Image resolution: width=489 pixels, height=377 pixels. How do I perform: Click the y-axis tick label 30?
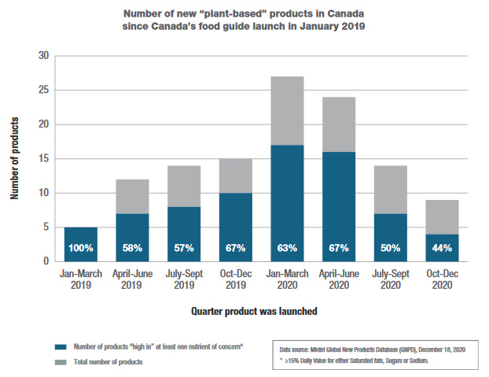tap(43, 56)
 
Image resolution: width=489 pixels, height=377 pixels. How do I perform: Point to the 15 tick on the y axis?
tap(43, 158)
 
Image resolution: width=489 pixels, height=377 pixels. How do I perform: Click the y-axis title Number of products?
tap(14, 158)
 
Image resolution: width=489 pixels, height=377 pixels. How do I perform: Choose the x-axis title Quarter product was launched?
tap(254, 311)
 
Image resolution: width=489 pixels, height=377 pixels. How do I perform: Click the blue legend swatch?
tap(58, 346)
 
